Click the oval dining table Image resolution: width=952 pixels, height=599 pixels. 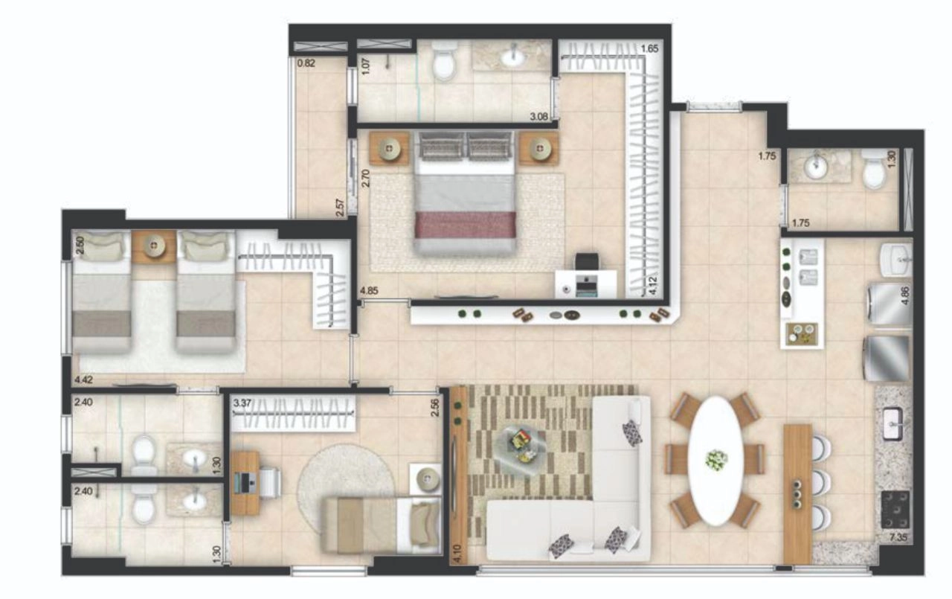[x=715, y=461]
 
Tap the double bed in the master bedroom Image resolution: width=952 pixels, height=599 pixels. [x=466, y=193]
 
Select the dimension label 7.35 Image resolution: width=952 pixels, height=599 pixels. [x=898, y=538]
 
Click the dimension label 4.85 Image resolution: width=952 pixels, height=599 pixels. [x=370, y=291]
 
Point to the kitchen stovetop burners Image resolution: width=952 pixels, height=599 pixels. [x=895, y=510]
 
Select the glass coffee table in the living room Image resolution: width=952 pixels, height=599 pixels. [x=521, y=450]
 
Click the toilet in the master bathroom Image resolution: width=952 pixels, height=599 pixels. [x=444, y=65]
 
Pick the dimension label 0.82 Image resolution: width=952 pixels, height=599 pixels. [x=306, y=63]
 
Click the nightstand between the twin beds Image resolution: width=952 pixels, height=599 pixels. [x=153, y=246]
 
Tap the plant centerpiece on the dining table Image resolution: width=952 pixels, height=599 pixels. [x=716, y=461]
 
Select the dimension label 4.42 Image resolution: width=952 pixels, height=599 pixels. [x=83, y=379]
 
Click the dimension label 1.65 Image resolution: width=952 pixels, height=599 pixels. [x=649, y=48]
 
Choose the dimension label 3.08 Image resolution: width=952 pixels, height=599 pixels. [x=538, y=116]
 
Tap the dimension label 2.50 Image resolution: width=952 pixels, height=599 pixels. [x=80, y=246]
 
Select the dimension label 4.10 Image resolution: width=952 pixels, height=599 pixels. [x=457, y=554]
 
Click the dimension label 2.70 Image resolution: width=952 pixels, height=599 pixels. [x=365, y=178]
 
